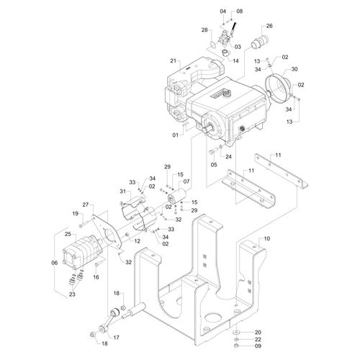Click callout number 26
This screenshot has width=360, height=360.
point(269,26)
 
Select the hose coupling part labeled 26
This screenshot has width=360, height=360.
point(261,42)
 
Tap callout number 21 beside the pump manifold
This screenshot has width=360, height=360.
point(174,60)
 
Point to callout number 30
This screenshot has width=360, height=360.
point(294,69)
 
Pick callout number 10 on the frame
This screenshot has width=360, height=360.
point(266,238)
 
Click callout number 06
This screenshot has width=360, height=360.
point(55,263)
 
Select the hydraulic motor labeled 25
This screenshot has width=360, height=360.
point(83,253)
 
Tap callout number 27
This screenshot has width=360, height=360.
point(86,204)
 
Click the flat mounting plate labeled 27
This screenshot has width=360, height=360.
point(107,233)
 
